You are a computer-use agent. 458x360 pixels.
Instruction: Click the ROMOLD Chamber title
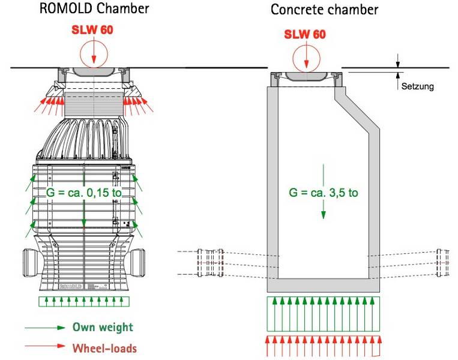pyautogui.click(x=94, y=8)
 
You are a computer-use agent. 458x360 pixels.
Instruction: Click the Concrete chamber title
pyautogui.click(x=324, y=10)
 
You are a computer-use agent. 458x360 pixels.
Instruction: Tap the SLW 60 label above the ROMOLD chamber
pyautogui.click(x=93, y=30)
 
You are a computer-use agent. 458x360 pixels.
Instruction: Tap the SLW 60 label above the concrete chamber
pyautogui.click(x=305, y=34)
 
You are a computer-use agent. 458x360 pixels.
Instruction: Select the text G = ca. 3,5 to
pyautogui.click(x=324, y=193)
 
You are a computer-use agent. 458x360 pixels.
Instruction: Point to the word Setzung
pyautogui.click(x=417, y=87)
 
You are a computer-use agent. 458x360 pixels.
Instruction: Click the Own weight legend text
pyautogui.click(x=103, y=328)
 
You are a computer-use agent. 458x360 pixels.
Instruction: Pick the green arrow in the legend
pyautogui.click(x=45, y=328)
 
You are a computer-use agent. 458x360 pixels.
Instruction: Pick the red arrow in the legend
pyautogui.click(x=45, y=347)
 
